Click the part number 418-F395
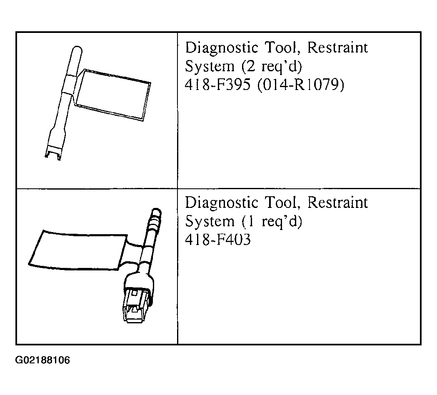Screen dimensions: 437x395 217,85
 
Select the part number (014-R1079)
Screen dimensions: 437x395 301,85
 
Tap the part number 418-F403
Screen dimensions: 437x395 217,240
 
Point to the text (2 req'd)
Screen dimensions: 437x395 272,66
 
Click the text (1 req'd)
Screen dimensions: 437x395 272,222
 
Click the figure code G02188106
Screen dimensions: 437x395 42,360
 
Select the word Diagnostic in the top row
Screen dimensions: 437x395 222,48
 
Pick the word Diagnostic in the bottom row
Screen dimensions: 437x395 222,203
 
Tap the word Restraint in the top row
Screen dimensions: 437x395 337,47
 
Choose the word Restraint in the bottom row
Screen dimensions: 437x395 337,202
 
